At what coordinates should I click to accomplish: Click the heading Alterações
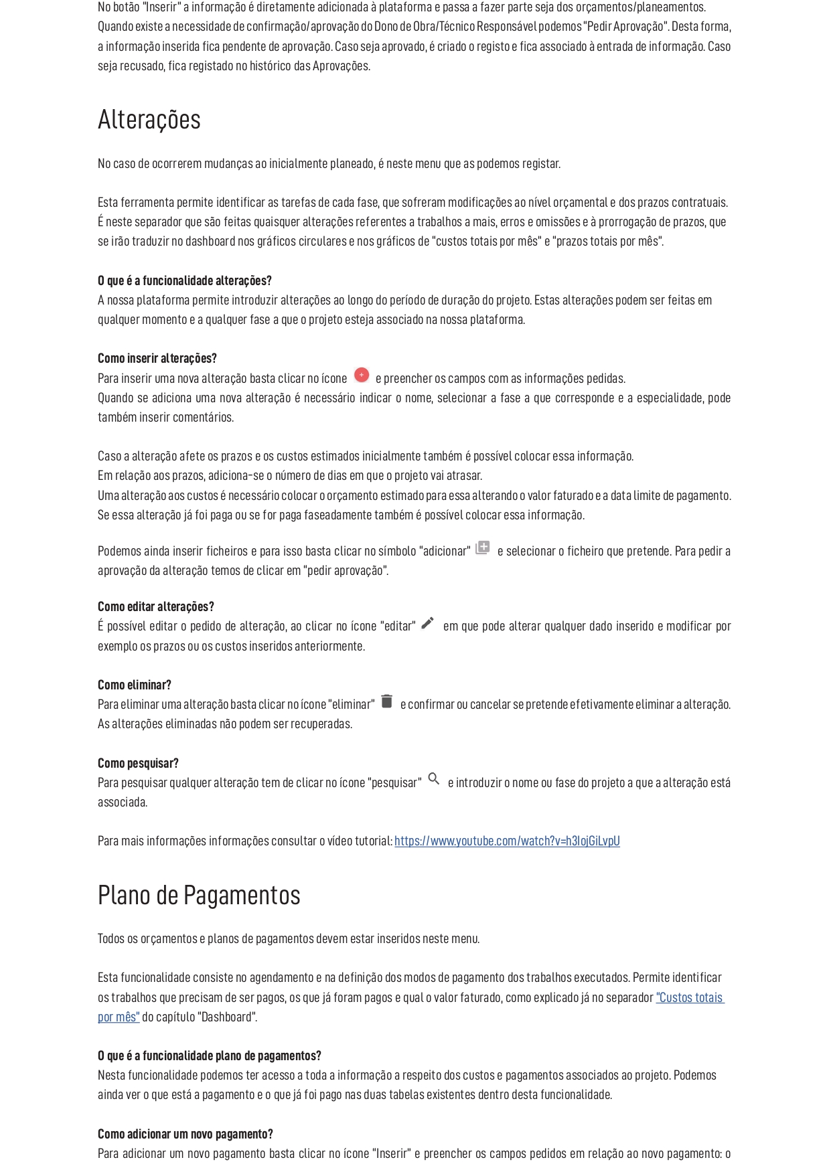point(149,120)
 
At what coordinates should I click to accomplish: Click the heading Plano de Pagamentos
point(199,896)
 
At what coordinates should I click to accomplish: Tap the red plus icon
point(362,375)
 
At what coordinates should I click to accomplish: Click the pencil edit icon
point(428,623)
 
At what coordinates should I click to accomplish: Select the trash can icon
point(387,701)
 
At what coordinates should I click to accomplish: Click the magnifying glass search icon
point(434,779)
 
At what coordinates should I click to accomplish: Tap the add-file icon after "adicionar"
point(483,548)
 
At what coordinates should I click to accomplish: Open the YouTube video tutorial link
point(507,841)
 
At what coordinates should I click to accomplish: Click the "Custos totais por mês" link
point(690,998)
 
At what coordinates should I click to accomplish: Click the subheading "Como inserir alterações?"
point(157,359)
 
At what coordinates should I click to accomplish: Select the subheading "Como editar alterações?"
point(156,607)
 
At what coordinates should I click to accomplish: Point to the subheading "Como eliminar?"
point(135,685)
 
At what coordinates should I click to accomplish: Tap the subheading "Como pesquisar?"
point(138,764)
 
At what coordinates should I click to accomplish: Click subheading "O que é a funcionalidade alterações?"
point(185,280)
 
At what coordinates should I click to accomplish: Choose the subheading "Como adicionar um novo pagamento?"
point(185,1135)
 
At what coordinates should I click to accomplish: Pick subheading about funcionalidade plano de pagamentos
point(210,1056)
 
